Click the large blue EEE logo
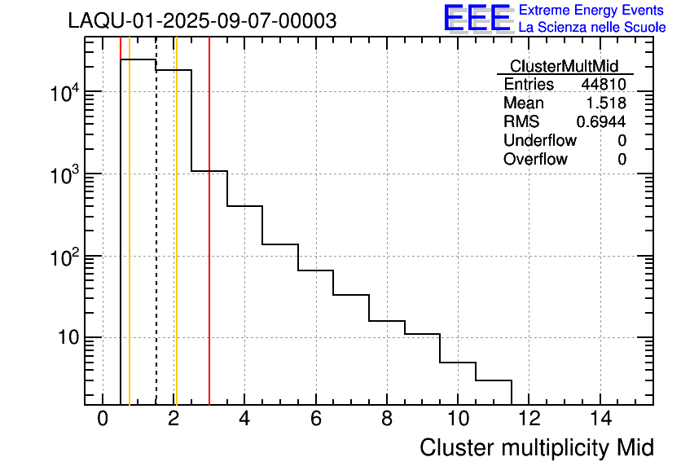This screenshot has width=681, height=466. (477, 19)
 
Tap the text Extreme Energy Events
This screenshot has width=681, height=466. (592, 11)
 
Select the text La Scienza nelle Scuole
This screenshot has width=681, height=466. (592, 28)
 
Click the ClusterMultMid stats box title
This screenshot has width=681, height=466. (564, 66)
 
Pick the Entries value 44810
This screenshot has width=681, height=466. (604, 85)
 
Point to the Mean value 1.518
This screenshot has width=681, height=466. (606, 103)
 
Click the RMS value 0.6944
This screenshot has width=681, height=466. (601, 122)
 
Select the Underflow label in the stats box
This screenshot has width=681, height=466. (539, 141)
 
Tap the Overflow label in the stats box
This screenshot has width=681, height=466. (535, 160)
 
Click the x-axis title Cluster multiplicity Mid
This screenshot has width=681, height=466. (536, 447)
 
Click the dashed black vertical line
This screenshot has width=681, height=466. (156, 244)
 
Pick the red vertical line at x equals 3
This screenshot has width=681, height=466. (209, 244)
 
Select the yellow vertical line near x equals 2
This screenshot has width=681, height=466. (176, 244)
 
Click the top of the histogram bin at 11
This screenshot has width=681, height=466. (494, 380)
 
